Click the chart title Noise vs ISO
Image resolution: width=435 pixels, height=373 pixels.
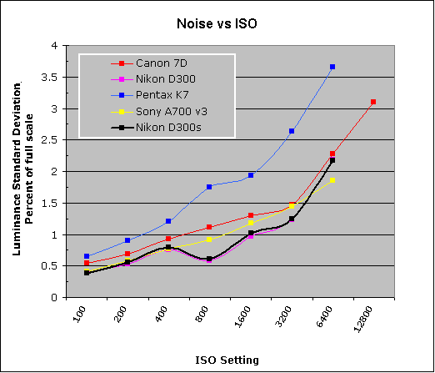[x=217, y=23]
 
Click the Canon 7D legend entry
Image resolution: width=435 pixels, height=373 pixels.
[x=149, y=63]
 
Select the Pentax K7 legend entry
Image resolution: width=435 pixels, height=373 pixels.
[x=150, y=95]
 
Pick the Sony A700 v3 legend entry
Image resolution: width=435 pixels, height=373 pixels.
[x=159, y=112]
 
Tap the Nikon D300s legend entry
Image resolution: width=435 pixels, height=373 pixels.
[x=156, y=128]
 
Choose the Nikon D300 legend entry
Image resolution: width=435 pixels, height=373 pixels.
[x=153, y=79]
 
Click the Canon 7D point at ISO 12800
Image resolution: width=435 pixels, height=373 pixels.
[x=373, y=102]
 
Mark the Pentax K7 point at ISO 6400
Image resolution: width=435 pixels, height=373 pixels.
[x=332, y=67]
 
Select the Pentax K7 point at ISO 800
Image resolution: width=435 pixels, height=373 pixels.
[x=209, y=187]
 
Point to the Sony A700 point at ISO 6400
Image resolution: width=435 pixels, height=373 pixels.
[x=332, y=180]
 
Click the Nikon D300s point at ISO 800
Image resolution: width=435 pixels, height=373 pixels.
[x=209, y=259]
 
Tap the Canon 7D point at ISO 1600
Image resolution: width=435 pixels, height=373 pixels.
[x=251, y=215]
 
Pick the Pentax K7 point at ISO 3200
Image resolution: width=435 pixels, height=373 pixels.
[x=292, y=131]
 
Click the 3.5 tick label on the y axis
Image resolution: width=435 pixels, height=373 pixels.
[x=49, y=78]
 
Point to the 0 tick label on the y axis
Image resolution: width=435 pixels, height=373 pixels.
[x=54, y=298]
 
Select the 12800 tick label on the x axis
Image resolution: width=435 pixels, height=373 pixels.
[x=363, y=319]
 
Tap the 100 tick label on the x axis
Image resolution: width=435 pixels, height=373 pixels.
[x=79, y=315]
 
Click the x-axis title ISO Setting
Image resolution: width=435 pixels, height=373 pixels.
[x=227, y=360]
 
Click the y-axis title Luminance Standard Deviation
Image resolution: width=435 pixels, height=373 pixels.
[x=17, y=169]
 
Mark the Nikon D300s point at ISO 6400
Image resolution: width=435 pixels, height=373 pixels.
[x=332, y=160]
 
